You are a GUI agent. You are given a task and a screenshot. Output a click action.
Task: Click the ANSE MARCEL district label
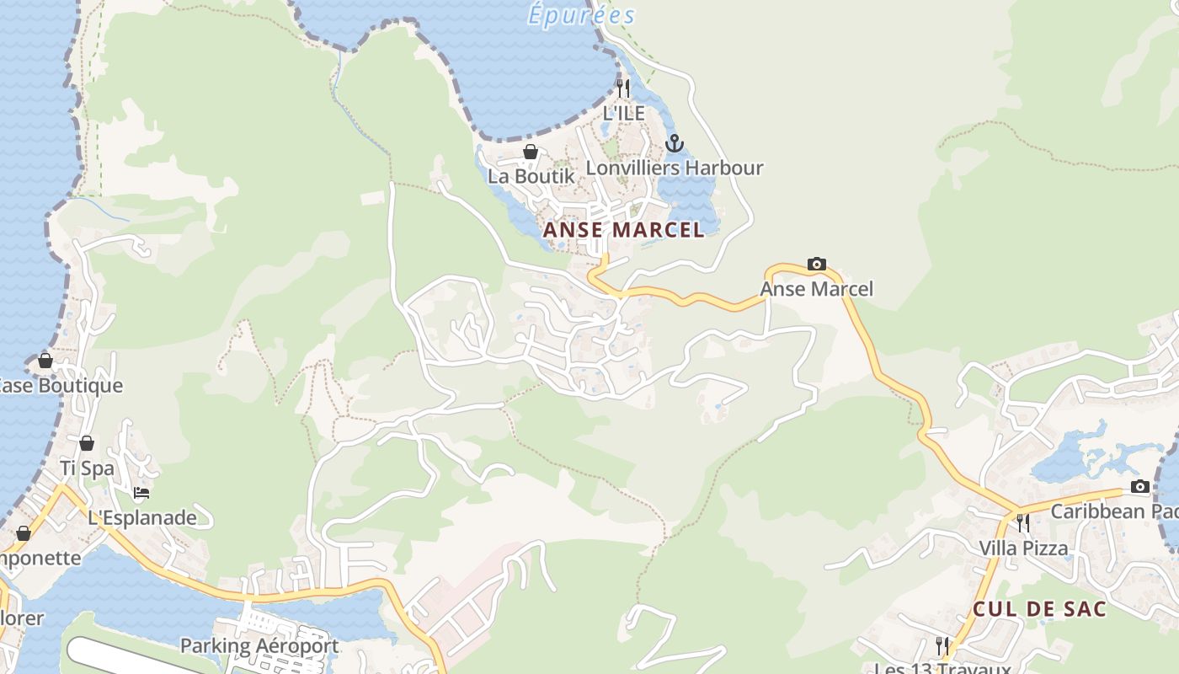[x=623, y=230]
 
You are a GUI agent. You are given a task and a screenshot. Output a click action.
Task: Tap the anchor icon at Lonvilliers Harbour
[x=674, y=144]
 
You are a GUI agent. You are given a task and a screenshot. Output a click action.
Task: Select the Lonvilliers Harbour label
[x=674, y=168]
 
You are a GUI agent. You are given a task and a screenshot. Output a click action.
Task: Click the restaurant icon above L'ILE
[x=623, y=88]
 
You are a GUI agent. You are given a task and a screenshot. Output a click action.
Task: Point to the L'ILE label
[x=623, y=113]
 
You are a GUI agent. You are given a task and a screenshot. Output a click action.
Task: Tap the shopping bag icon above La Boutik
[x=531, y=152]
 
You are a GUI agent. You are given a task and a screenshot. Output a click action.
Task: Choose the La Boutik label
[x=531, y=176]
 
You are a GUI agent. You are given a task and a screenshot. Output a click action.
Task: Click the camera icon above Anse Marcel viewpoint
[x=816, y=265]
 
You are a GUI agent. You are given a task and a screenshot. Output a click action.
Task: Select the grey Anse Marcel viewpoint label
[x=816, y=289]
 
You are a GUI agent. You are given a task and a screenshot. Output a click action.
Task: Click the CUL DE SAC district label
[x=1039, y=609]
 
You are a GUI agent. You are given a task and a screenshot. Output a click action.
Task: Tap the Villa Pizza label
[x=1022, y=548]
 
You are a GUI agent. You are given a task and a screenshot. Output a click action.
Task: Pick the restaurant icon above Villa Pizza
[x=1022, y=523]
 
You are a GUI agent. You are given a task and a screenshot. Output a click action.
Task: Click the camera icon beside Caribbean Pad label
[x=1140, y=487]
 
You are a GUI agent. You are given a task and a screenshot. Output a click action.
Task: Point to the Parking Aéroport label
[x=259, y=646]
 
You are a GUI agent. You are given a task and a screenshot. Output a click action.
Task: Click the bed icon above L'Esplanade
[x=141, y=493]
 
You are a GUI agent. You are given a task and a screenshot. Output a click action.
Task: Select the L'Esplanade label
[x=141, y=517]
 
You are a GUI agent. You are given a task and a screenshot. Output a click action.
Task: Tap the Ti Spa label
[x=87, y=468]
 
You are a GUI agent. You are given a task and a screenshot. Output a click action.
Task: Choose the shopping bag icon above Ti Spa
[x=87, y=444]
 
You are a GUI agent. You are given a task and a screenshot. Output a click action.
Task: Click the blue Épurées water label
[x=581, y=15]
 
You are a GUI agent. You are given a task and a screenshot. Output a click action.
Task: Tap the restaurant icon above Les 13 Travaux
[x=942, y=646]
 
